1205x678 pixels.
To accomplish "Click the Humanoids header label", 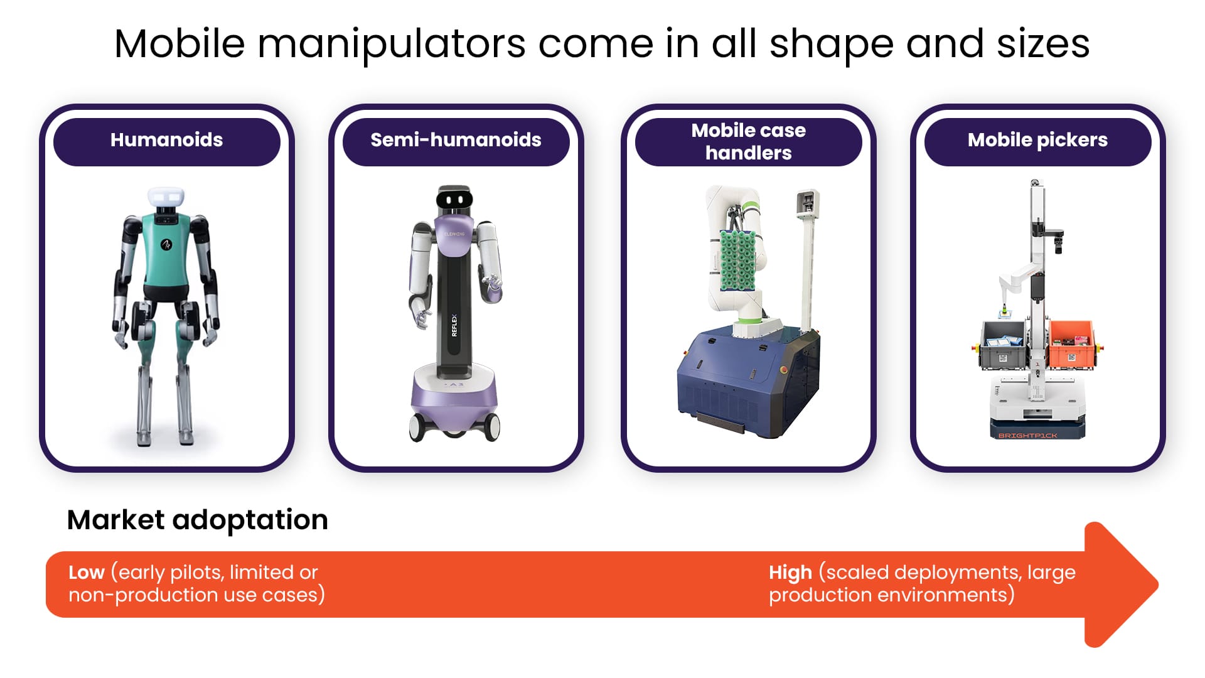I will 166,140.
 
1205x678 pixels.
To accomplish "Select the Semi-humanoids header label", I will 456,140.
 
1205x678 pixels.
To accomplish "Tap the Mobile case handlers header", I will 748,141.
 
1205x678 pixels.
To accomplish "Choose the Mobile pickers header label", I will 1037,140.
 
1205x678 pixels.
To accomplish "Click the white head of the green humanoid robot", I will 166,197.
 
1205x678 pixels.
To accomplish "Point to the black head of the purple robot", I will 454,199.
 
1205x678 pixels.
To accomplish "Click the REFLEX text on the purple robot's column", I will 454,325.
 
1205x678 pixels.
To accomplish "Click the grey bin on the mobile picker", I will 1004,343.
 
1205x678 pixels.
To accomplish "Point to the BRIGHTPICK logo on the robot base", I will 1027,435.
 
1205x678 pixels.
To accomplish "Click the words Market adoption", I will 197,520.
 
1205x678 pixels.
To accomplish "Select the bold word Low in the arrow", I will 86,573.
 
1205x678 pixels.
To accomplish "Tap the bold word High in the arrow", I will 790,573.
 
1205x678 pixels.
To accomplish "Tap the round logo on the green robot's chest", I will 166,244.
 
